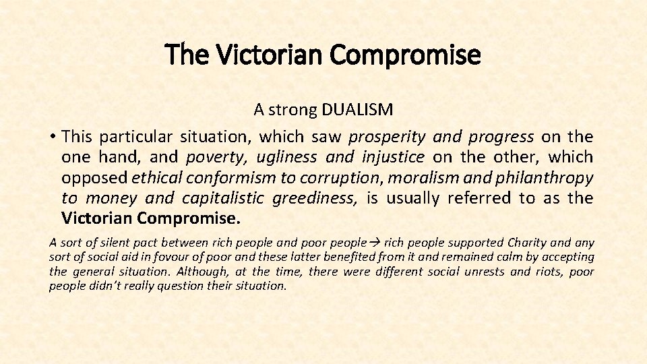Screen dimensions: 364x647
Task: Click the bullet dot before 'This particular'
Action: click(x=51, y=137)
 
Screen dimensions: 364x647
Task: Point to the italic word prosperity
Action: click(x=387, y=137)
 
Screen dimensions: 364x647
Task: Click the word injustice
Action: click(x=393, y=157)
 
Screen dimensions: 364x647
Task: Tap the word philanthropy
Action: click(x=550, y=178)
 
